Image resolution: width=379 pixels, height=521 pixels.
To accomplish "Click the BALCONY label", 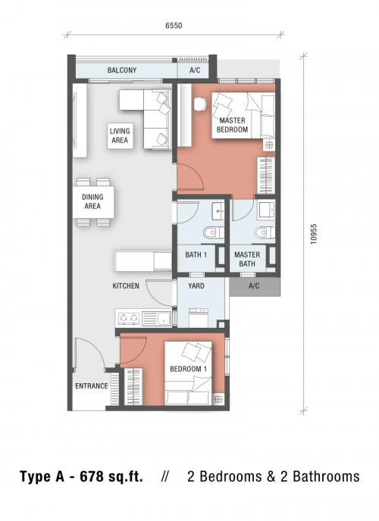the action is pos(122,70).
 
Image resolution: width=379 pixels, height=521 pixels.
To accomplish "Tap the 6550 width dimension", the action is pos(174,26).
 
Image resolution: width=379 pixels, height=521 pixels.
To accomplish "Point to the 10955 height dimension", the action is pos(314,234).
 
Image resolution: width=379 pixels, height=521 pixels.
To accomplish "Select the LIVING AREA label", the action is pos(120,136).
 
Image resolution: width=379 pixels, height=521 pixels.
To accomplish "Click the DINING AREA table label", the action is pos(92,201).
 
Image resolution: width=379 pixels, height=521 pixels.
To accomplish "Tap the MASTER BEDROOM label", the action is pos(232,125).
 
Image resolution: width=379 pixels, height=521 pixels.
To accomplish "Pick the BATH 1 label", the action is pos(196,255).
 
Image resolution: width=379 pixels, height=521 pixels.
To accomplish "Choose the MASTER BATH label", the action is pos(247,259).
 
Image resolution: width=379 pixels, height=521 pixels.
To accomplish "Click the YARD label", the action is pos(196,285).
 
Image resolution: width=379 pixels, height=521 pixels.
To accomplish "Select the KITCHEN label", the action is pos(126,285).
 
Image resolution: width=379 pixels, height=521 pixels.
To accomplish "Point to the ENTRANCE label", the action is pos(92,385).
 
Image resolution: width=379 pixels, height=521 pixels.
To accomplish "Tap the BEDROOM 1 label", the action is pos(188,369).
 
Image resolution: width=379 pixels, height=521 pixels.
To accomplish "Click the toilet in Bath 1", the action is pos(214,232).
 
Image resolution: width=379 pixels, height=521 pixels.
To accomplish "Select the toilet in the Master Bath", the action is pos(265,232).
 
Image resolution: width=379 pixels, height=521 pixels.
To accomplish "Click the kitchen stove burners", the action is pos(128,318).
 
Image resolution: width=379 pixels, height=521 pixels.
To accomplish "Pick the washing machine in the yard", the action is pos(199,317).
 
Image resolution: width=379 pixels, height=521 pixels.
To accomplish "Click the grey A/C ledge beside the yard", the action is pos(255,286).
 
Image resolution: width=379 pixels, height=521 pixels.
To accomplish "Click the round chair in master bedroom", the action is pos(200,104).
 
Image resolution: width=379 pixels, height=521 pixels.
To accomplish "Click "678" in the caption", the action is pos(91,476).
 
